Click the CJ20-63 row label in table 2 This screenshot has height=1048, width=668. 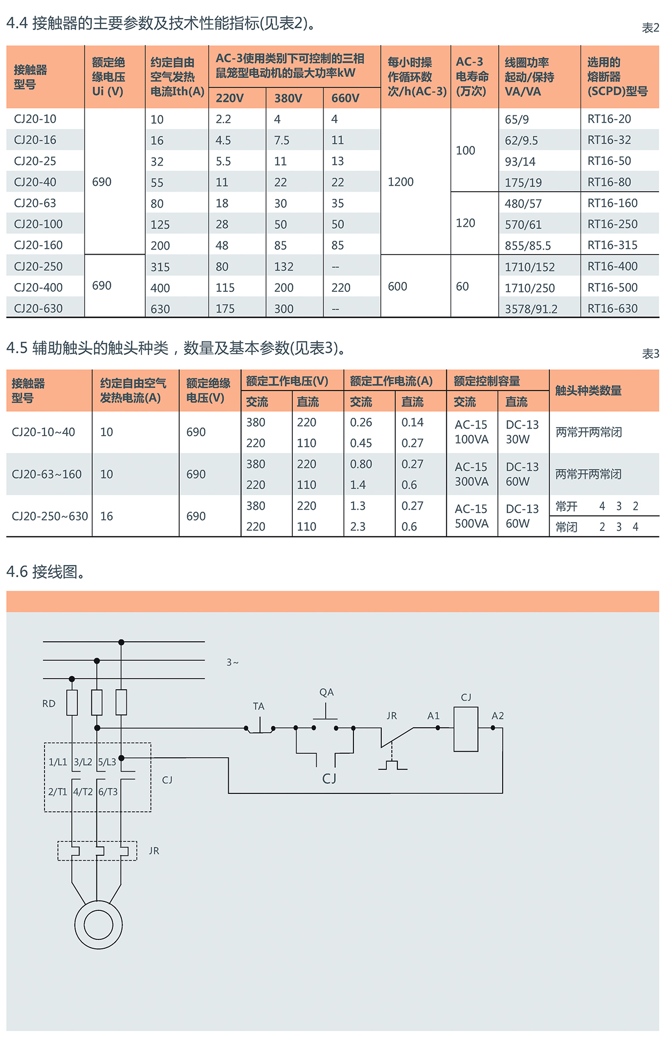(x=35, y=203)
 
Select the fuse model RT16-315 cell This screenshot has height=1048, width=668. (x=612, y=245)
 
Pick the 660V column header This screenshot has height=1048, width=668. (x=345, y=98)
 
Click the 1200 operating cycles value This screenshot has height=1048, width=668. (x=400, y=182)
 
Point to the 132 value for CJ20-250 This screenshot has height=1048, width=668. (x=283, y=267)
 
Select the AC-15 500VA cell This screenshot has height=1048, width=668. (x=471, y=516)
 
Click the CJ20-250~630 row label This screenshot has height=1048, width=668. (x=50, y=516)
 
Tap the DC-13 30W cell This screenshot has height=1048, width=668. (x=522, y=432)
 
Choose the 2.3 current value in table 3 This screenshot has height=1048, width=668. (x=357, y=527)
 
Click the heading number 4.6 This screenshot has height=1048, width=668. (x=17, y=572)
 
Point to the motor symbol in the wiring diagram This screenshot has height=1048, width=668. (x=99, y=925)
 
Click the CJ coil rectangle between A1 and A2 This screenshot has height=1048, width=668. (x=466, y=729)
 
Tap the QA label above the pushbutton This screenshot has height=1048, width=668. (x=326, y=693)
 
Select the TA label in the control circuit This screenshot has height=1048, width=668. (x=258, y=706)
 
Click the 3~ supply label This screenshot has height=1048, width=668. (x=232, y=662)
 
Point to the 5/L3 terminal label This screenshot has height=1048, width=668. (x=107, y=762)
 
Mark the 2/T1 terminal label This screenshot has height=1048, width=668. (x=57, y=792)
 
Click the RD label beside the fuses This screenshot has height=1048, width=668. (x=49, y=704)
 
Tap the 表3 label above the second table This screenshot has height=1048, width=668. (x=650, y=354)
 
